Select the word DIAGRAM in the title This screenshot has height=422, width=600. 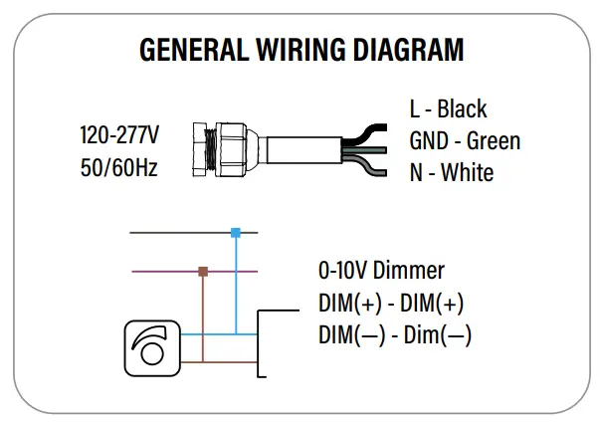tap(412, 49)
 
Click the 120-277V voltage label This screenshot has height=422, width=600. tap(119, 134)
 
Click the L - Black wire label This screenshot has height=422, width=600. tap(448, 108)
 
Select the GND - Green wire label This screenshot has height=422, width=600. tap(464, 140)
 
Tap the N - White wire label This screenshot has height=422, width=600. tap(451, 172)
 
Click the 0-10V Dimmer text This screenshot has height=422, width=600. tap(381, 271)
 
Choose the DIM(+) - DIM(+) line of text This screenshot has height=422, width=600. tap(391, 303)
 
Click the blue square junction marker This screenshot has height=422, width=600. tap(236, 232)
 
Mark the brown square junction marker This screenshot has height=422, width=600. tap(203, 271)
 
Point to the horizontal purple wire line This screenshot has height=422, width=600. tap(159, 271)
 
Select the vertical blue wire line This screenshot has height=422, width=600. tap(236, 289)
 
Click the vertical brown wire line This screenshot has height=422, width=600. tap(203, 318)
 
